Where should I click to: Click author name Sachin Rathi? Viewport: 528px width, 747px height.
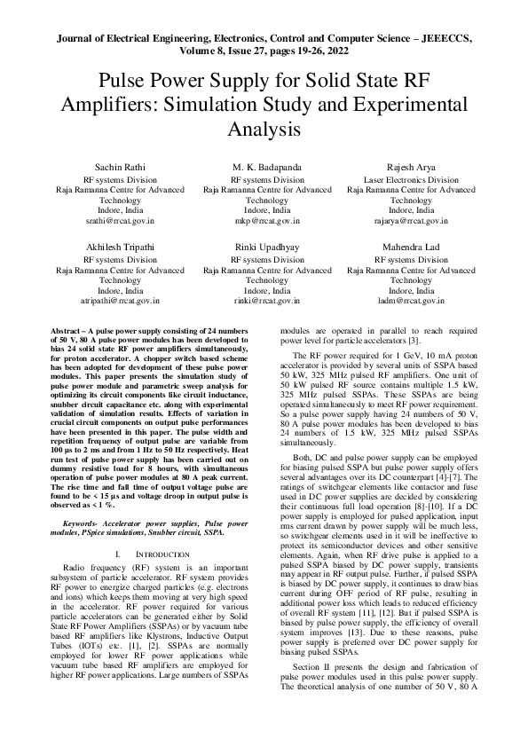120,167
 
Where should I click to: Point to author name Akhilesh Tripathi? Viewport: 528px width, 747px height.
120,248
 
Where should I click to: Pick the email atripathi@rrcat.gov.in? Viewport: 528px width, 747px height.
120,301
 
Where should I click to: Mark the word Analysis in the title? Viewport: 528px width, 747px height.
264,129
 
